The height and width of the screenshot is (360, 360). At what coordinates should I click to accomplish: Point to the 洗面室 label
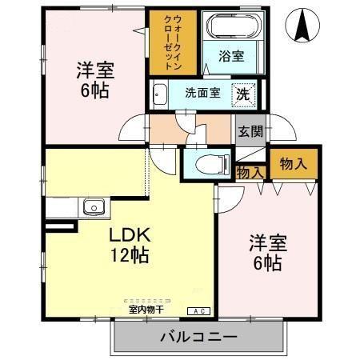point(202,93)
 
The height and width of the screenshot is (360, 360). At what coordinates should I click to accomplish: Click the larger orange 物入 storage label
point(293,164)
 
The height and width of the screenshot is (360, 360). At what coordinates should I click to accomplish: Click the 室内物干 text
point(145,310)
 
